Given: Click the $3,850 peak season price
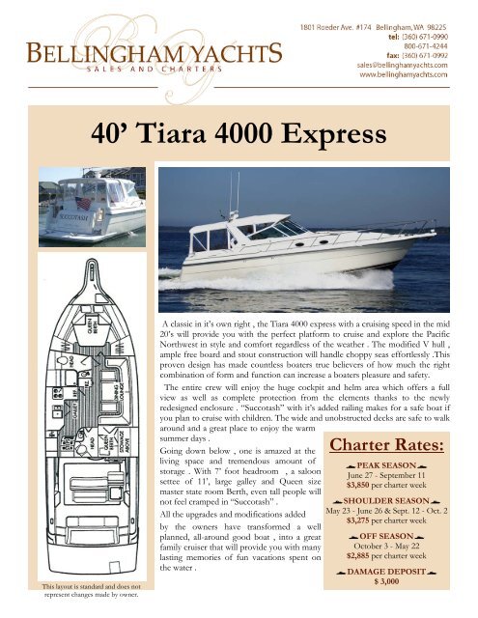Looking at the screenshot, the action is [x=396, y=487].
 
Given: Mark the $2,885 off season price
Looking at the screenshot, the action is [x=396, y=584].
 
